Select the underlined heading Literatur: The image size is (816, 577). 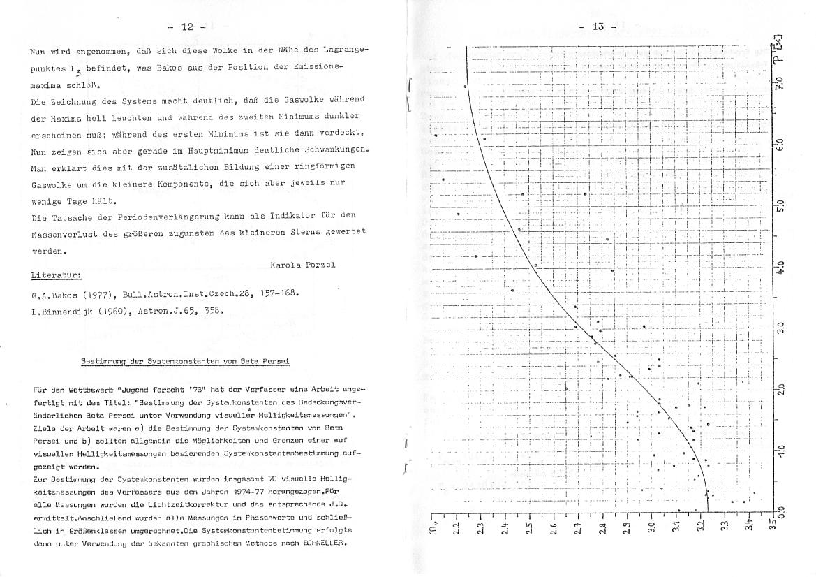coord(57,276)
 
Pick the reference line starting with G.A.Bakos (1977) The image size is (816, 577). coord(165,294)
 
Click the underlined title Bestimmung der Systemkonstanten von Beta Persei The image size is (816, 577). coord(185,361)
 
